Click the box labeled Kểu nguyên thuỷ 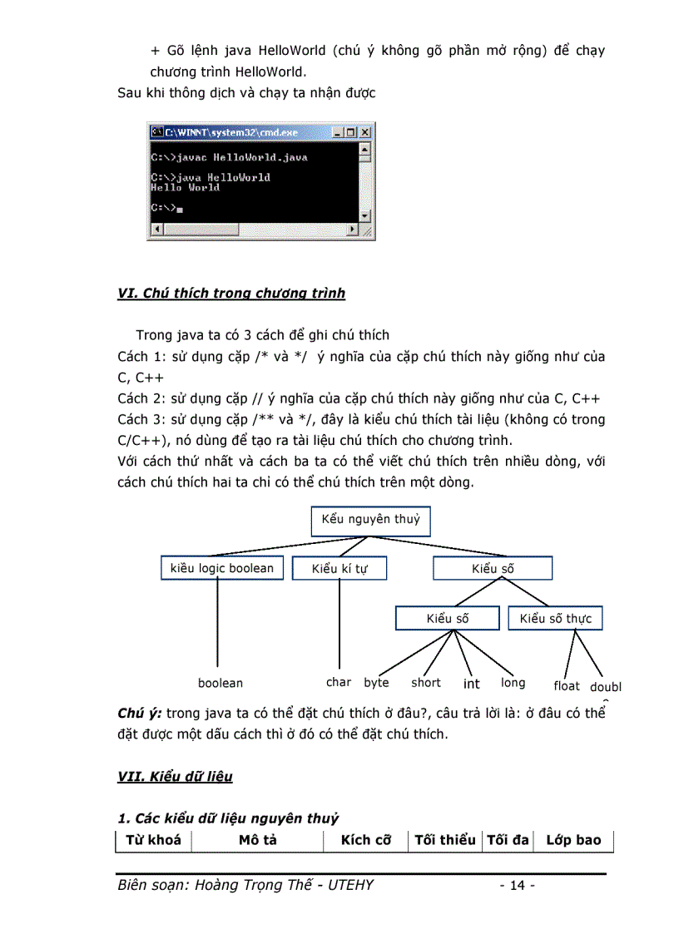pos(370,521)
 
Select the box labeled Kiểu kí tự pos(339,569)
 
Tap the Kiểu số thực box pos(555,618)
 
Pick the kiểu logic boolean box pos(221,568)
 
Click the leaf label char pos(339,682)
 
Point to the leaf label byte pos(376,683)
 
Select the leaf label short pos(426,683)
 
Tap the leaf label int pos(472,684)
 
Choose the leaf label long pos(513,683)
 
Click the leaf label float pos(567,686)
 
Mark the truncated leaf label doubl pos(606,687)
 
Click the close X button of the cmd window pos(364,132)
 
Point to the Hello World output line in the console pos(185,188)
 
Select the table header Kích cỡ pos(366,840)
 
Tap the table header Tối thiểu pos(445,840)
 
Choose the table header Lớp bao pos(573,840)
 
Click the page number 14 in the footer pos(517,886)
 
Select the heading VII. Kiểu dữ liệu pos(176,777)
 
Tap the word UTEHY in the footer pos(349,885)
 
